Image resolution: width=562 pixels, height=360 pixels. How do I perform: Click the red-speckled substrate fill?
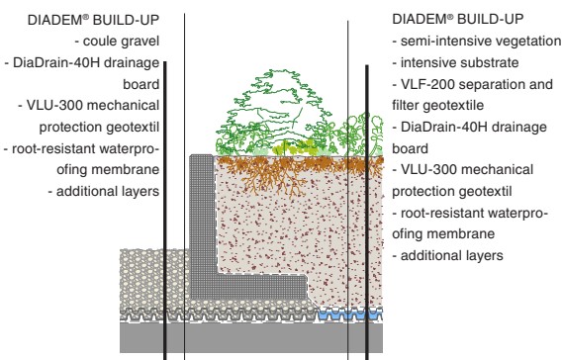297,237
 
